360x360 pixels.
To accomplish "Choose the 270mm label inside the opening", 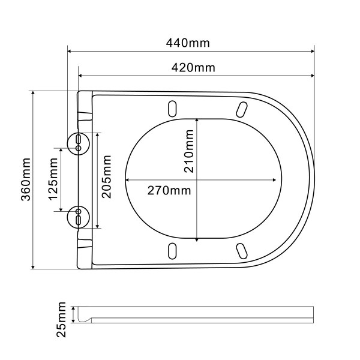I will (169, 191).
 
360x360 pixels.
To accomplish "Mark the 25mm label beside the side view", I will (61, 320).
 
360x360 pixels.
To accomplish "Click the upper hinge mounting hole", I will (79, 142).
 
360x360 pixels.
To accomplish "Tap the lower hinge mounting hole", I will (79, 217).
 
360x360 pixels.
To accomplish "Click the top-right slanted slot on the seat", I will (242, 109).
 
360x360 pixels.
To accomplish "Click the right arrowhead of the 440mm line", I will (311, 52).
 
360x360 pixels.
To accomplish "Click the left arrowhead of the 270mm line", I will (127, 179).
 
